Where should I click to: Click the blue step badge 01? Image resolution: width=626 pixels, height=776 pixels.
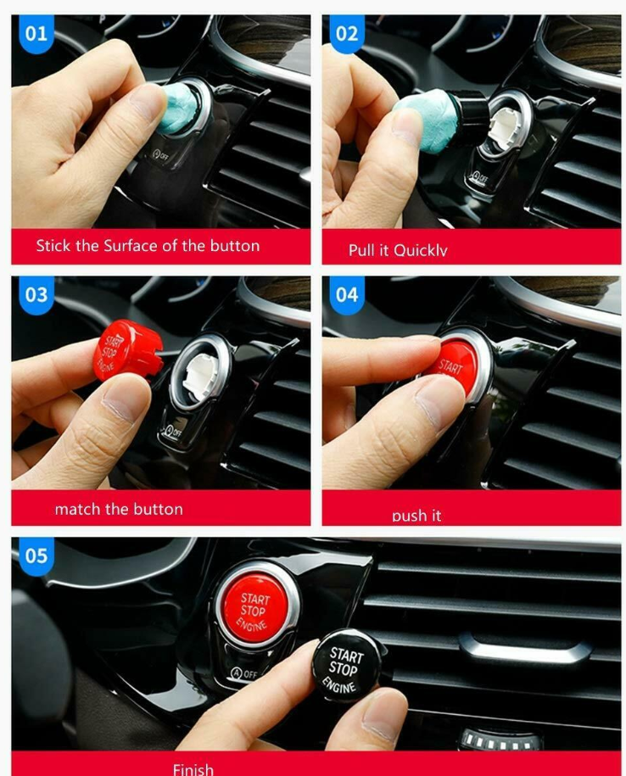[x=36, y=35]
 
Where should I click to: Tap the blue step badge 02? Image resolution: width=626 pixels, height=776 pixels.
[x=347, y=35]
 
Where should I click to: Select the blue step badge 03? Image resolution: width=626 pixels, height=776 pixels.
[x=36, y=295]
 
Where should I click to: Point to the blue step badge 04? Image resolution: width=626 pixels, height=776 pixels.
[x=347, y=295]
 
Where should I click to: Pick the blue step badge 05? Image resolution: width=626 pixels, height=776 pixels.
[x=36, y=555]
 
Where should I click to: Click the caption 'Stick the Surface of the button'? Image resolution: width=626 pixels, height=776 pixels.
[x=148, y=246]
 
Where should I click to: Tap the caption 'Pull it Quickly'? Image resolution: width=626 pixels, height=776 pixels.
[x=397, y=250]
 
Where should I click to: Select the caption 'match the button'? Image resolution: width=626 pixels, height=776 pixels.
[x=119, y=509]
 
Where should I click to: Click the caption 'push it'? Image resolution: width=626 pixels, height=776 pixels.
[x=416, y=515]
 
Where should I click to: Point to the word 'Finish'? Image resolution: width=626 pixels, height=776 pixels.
[x=193, y=768]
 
